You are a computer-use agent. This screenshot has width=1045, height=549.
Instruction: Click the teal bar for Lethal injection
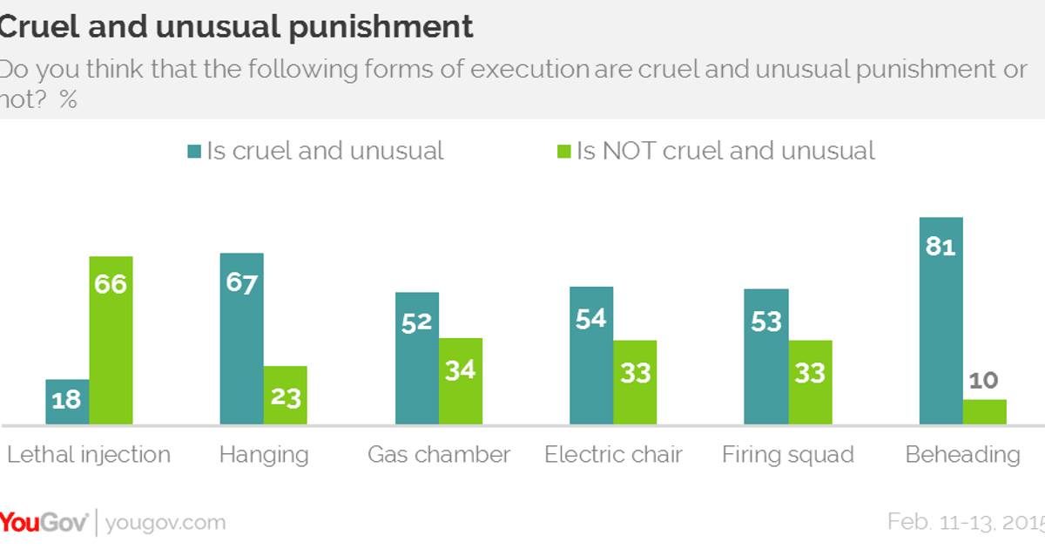pyautogui.click(x=67, y=403)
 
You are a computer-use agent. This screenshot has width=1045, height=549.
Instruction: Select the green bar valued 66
pyautogui.click(x=111, y=341)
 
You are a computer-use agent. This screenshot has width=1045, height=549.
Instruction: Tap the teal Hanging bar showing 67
pyautogui.click(x=241, y=339)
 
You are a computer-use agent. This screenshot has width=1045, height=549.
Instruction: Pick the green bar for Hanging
pyautogui.click(x=285, y=396)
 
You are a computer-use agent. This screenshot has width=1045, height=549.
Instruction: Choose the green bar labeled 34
pyautogui.click(x=460, y=382)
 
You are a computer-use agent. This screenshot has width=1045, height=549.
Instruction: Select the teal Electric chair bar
pyautogui.click(x=591, y=356)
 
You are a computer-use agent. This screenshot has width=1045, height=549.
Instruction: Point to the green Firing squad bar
pyautogui.click(x=810, y=383)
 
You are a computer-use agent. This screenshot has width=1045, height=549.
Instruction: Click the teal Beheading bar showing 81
pyautogui.click(x=940, y=321)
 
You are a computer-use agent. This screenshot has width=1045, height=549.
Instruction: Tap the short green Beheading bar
pyautogui.click(x=984, y=412)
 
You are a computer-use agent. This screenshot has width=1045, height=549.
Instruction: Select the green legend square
pyautogui.click(x=563, y=152)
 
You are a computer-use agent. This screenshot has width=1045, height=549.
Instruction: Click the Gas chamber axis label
pyautogui.click(x=439, y=455)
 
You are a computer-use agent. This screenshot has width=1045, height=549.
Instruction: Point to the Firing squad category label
pyautogui.click(x=788, y=455)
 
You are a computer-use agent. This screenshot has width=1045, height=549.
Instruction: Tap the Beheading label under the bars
pyautogui.click(x=962, y=455)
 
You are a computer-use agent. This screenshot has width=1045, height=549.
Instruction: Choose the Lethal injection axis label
pyautogui.click(x=89, y=455)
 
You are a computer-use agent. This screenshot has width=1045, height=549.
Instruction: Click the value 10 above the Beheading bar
pyautogui.click(x=983, y=381)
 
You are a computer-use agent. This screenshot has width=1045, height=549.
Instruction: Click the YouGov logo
pyautogui.click(x=44, y=523)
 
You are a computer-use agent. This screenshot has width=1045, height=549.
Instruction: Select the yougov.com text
pyautogui.click(x=165, y=523)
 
